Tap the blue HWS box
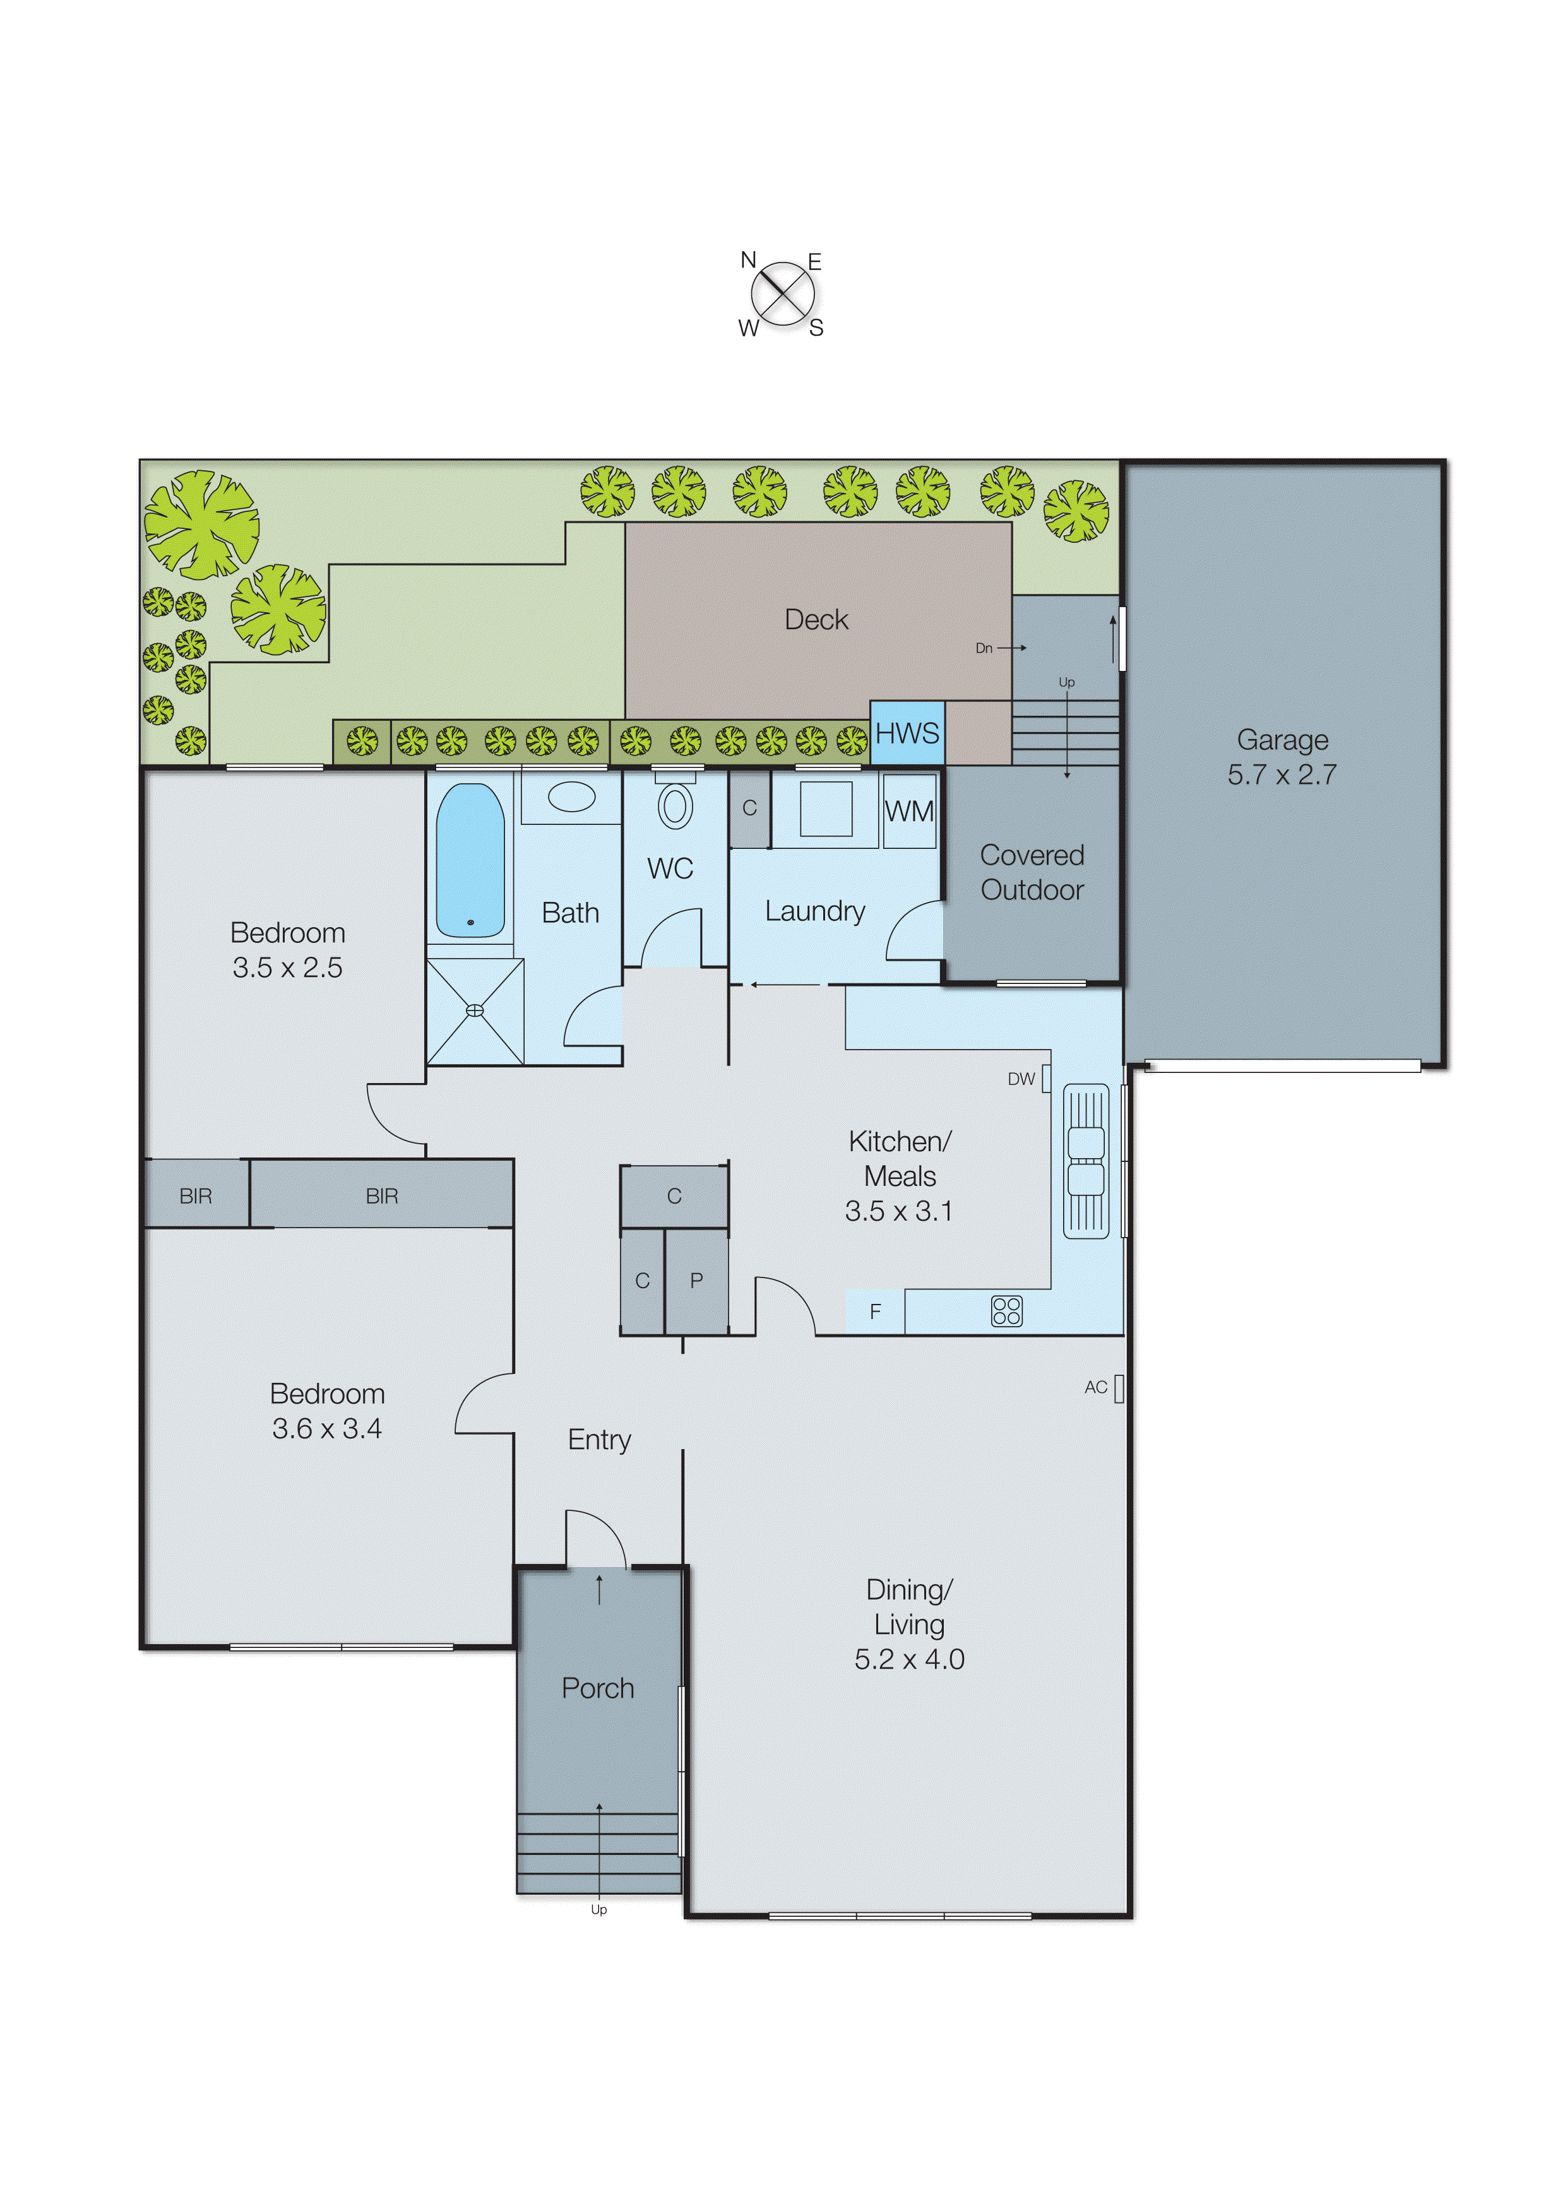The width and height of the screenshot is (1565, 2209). tap(907, 733)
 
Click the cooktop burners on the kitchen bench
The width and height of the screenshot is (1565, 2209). tap(1006, 1311)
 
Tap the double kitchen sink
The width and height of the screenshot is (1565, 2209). tap(1086, 1160)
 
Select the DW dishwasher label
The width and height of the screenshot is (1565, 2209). tap(1021, 1079)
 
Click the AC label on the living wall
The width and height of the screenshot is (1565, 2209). tap(1096, 1387)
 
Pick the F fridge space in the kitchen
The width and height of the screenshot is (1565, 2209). tap(875, 1311)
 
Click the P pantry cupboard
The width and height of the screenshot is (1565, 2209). tap(696, 1281)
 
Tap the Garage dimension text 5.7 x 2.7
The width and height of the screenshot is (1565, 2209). tap(1282, 774)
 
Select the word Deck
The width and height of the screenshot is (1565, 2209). tap(816, 619)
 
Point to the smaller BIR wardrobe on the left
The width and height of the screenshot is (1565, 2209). tap(196, 1195)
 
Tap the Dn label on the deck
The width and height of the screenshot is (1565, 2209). tap(983, 648)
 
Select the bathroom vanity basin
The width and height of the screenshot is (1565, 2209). tap(571, 797)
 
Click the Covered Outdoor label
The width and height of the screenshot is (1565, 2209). tap(1032, 872)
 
